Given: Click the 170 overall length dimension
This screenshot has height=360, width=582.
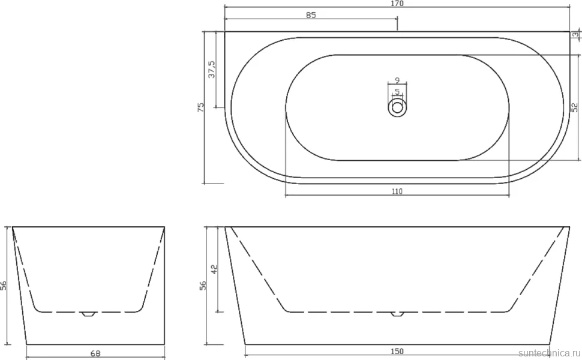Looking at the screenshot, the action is point(397,4).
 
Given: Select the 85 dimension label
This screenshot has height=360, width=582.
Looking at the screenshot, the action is point(311,15).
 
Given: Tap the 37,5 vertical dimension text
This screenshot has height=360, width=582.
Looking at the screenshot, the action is point(212,70).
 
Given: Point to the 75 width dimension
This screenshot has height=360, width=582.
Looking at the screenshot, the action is point(201,107).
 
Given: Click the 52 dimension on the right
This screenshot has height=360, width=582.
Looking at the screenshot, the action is point(575,107).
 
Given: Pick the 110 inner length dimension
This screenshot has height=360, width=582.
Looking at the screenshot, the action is point(397,191).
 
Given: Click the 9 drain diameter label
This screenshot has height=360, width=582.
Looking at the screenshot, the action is point(397,80).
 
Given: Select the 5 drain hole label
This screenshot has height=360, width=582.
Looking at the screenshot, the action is point(397,91).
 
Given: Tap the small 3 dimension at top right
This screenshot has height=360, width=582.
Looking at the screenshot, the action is point(575,35).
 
